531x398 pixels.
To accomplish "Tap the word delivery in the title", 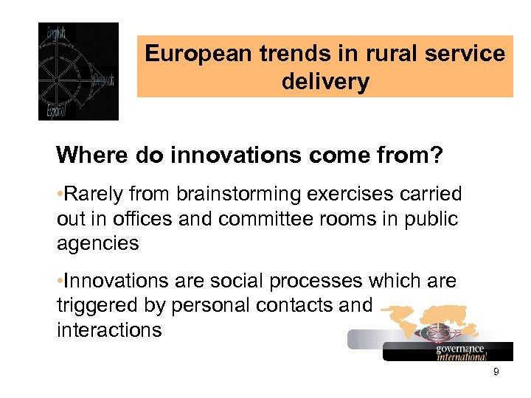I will click(x=325, y=81).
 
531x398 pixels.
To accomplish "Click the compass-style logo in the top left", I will click(x=78, y=71).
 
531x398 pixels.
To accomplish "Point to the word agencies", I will click(x=97, y=244).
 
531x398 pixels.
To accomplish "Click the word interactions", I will click(x=108, y=329).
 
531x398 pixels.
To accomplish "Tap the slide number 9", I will click(x=496, y=372).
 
